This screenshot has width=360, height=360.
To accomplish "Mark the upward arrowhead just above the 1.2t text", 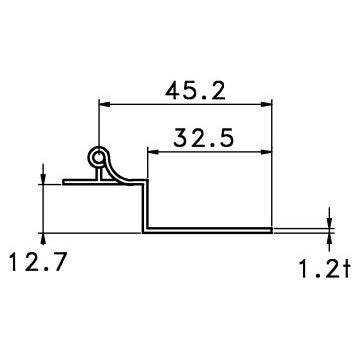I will tap(329, 237).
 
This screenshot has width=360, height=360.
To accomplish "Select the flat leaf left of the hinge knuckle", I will tap(74, 183).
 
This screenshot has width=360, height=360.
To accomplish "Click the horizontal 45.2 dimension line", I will tap(186, 103).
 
